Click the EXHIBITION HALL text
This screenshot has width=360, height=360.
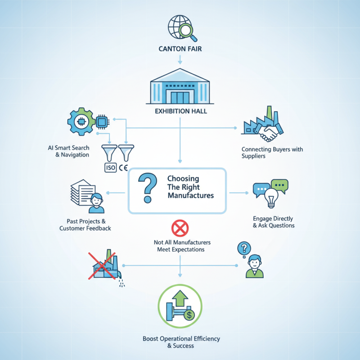pos(180,111)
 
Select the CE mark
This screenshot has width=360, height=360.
pos(123,168)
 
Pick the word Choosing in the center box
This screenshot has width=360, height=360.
pos(183,179)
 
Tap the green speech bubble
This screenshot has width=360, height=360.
pos(280,185)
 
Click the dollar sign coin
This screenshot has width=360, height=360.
pos(189,315)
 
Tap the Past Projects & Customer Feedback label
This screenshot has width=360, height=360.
pos(85,225)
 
